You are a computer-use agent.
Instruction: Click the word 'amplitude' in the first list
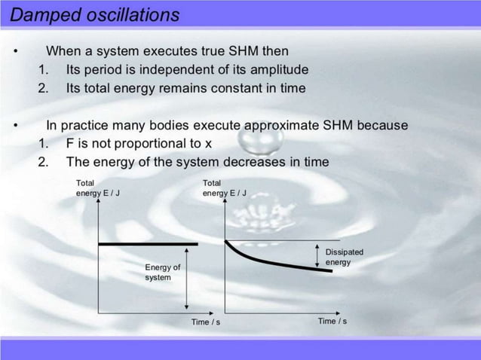[x=276, y=69]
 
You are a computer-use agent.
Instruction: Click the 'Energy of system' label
[x=162, y=272]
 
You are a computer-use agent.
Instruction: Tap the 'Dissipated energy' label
[x=344, y=257]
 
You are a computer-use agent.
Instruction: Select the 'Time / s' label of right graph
[x=332, y=322]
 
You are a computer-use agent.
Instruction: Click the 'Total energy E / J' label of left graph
[x=98, y=188]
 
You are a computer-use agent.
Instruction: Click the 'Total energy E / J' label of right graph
[x=225, y=188]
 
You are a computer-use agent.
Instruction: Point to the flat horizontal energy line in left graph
[x=148, y=244]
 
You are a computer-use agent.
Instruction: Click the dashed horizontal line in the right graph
[x=279, y=242]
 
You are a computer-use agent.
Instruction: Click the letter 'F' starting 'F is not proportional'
[x=70, y=143]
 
